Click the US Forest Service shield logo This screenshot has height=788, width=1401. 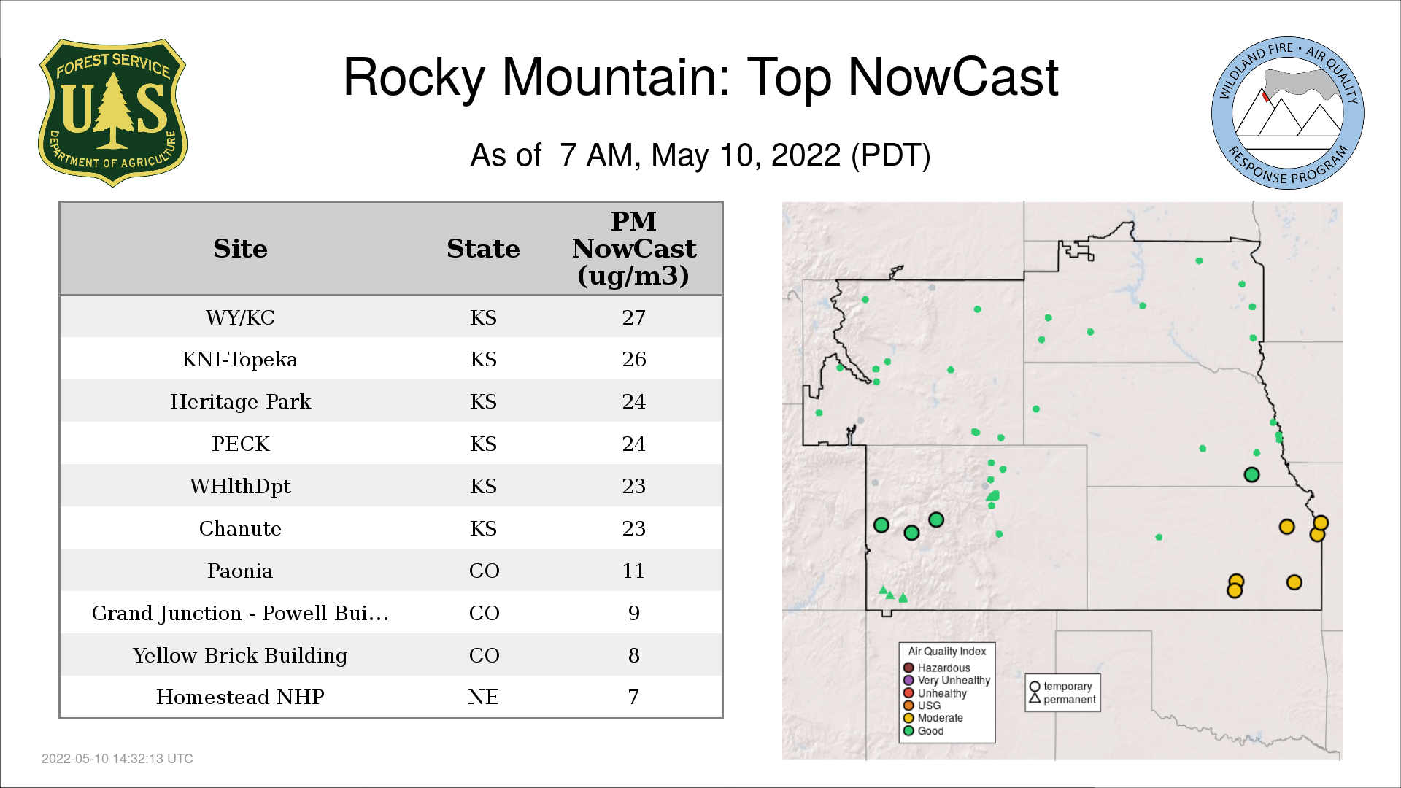coord(112,112)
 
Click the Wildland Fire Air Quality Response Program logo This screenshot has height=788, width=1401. coord(1288,113)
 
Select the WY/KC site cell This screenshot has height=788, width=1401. coord(240,317)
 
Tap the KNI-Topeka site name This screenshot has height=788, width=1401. coord(240,359)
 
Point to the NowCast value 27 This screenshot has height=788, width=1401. coord(633,317)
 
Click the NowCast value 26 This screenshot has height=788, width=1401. coord(633,359)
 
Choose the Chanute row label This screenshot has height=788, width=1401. coord(240,528)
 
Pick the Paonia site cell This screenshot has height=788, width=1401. coord(240,571)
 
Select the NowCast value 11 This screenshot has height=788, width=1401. coord(633,571)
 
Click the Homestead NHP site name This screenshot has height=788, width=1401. coord(240,697)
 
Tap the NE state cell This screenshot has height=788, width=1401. coord(483,697)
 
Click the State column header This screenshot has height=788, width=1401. coord(483,248)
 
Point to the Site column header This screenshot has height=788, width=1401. coord(240,248)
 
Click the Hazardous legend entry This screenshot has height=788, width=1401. coord(937,668)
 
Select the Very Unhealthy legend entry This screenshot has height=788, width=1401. coord(946,680)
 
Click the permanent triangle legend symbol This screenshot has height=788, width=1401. coord(1035,698)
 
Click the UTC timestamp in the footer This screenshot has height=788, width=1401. coord(117,759)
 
